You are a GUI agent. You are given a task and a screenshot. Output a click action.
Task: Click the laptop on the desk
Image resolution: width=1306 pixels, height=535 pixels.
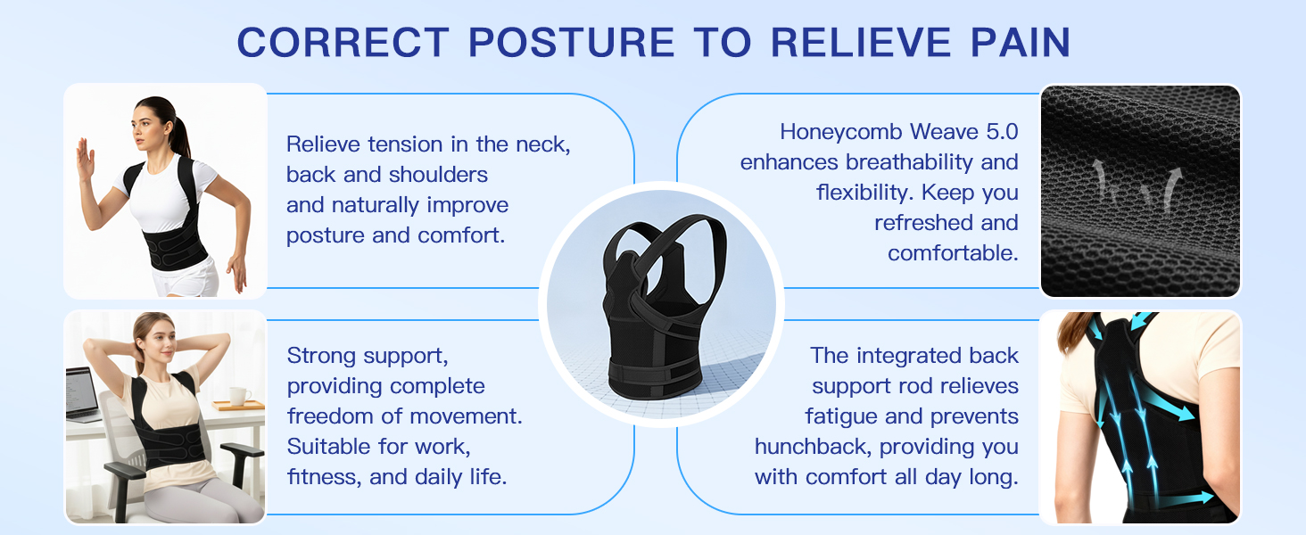click(82, 393)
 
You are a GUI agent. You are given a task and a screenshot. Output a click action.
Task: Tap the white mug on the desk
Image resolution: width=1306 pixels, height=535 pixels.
click(238, 395)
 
